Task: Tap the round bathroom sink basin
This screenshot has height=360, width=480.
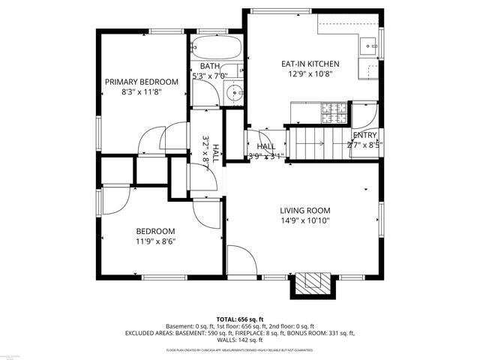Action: pyautogui.click(x=234, y=94)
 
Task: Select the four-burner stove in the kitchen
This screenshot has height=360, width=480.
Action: pyautogui.click(x=334, y=112)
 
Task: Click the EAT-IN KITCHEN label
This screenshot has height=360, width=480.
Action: pyautogui.click(x=310, y=64)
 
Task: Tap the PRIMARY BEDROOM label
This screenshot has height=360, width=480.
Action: pyautogui.click(x=141, y=82)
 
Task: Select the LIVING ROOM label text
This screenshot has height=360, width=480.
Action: pyautogui.click(x=305, y=211)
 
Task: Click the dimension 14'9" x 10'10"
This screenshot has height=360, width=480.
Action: pyautogui.click(x=305, y=220)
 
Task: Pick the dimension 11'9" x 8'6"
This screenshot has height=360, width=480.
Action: pyautogui.click(x=155, y=241)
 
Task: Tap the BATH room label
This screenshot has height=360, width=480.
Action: pyautogui.click(x=209, y=67)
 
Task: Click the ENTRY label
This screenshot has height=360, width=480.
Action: pyautogui.click(x=365, y=135)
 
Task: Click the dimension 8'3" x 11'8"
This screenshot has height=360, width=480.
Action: pyautogui.click(x=142, y=91)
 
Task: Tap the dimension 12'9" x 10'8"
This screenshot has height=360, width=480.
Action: pyautogui.click(x=310, y=74)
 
